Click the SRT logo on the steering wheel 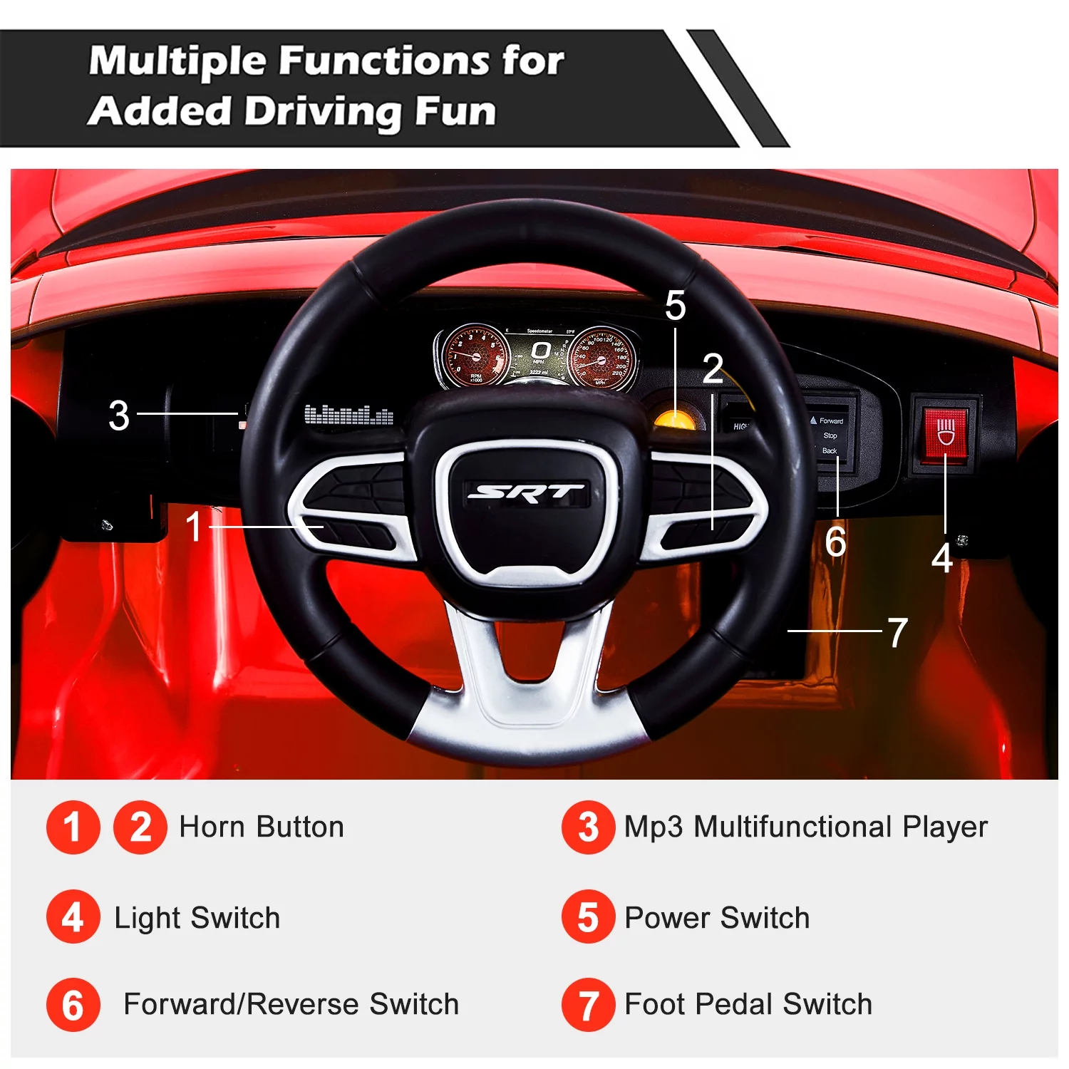pyautogui.click(x=526, y=492)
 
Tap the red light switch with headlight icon pyautogui.click(x=945, y=432)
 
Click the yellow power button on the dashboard pyautogui.click(x=674, y=418)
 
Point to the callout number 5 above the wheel pyautogui.click(x=675, y=306)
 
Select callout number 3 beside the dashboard pyautogui.click(x=119, y=415)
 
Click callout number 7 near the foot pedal pyautogui.click(x=897, y=633)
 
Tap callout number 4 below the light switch pyautogui.click(x=942, y=558)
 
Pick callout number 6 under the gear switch pyautogui.click(x=835, y=542)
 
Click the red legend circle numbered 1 pyautogui.click(x=73, y=827)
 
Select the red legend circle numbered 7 pyautogui.click(x=588, y=1005)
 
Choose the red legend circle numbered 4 pyautogui.click(x=73, y=917)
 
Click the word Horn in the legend pyautogui.click(x=212, y=827)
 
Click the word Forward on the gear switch pyautogui.click(x=831, y=421)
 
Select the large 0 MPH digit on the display pyautogui.click(x=540, y=350)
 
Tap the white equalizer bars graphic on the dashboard pyautogui.click(x=348, y=415)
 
